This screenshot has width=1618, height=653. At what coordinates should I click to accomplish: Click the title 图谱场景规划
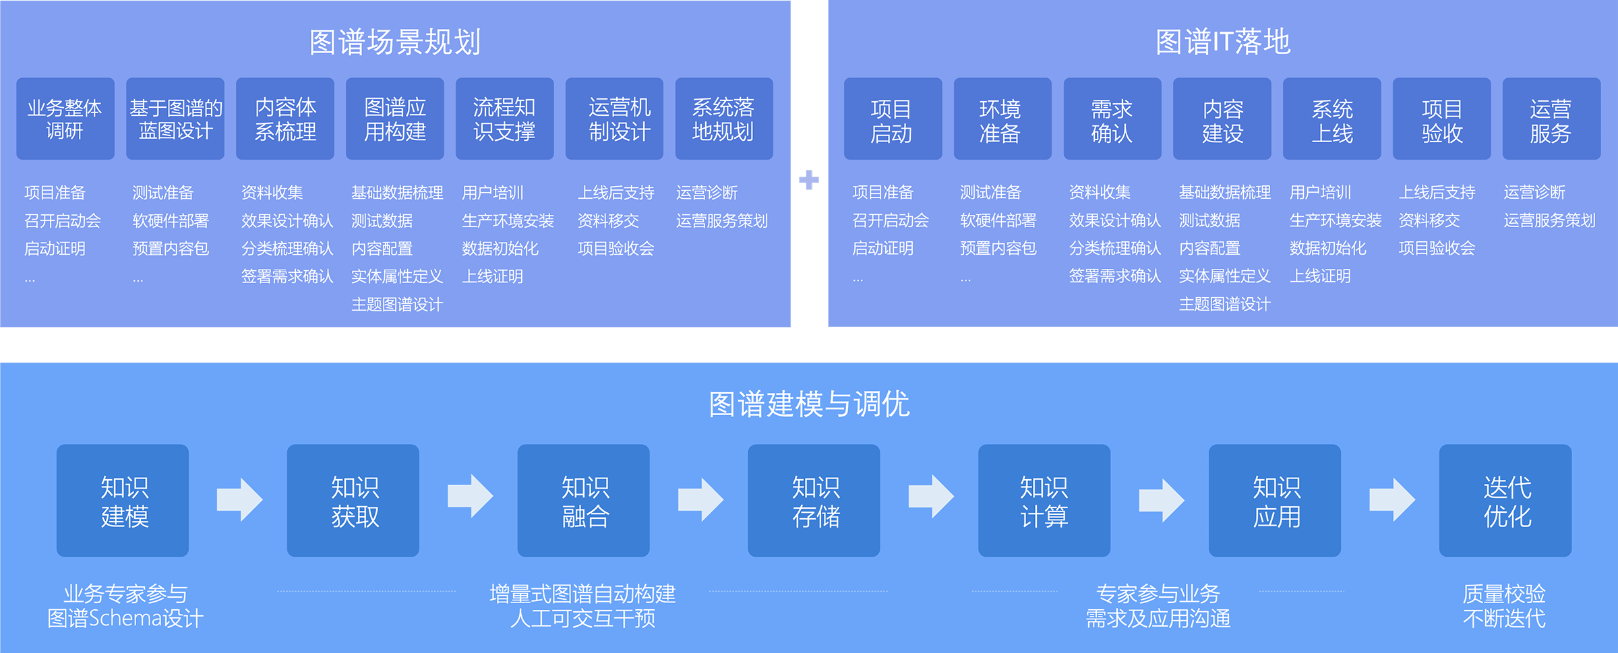394,42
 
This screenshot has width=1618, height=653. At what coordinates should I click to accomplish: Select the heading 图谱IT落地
1222,42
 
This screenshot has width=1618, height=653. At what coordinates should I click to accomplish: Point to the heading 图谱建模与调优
809,404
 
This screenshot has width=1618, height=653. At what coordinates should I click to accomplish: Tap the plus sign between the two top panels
809,180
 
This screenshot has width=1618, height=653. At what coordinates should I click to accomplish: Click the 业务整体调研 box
65,119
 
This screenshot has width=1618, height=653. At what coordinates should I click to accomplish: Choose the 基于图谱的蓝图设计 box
175,119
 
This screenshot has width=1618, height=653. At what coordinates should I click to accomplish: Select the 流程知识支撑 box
504,119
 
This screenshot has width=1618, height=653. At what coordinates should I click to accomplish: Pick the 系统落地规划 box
723,119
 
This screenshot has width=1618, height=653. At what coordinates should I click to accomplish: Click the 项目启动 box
893,119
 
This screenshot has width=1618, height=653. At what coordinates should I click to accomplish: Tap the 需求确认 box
1112,119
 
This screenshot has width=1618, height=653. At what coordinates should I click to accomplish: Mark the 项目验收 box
1441,119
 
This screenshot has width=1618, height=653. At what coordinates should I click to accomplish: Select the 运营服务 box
1551,119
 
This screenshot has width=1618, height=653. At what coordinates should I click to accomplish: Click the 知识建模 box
123,501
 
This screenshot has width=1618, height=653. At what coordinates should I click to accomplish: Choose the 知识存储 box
814,501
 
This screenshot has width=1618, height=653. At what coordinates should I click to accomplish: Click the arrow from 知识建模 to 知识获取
239,499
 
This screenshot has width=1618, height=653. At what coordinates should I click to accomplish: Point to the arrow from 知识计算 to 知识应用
1161,500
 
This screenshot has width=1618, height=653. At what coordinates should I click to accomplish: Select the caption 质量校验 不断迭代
1504,606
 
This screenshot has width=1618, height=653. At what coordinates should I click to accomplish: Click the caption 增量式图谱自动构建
582,594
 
